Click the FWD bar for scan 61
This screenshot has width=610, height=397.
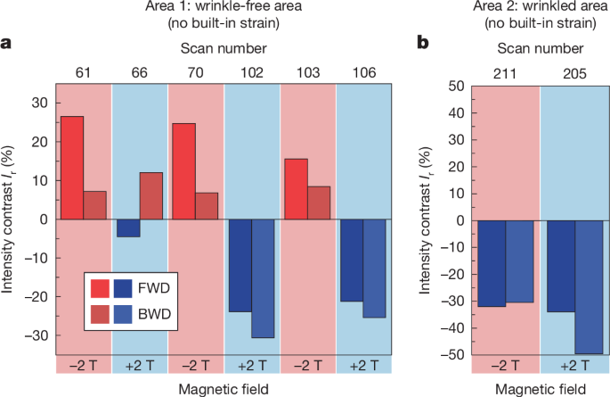(x=73, y=168)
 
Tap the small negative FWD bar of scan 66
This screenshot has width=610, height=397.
(x=128, y=228)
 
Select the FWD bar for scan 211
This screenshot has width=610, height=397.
(x=492, y=263)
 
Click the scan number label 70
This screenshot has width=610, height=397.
(x=196, y=70)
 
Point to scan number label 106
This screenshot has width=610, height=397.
(x=363, y=70)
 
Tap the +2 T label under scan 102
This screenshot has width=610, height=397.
(x=252, y=364)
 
